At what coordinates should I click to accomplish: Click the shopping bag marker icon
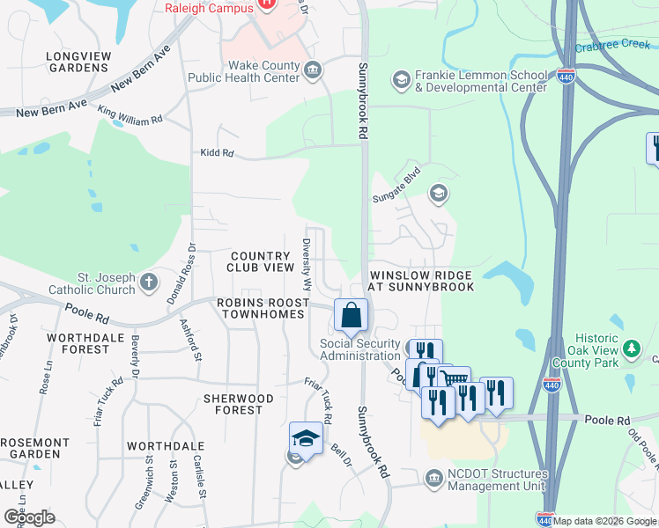click(351, 315)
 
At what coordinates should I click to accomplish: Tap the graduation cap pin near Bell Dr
click(306, 438)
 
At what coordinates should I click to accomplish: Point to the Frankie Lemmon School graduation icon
click(401, 80)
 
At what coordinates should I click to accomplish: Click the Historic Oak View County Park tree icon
click(632, 349)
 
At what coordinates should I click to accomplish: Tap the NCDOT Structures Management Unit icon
click(433, 479)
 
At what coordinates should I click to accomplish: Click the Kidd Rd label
click(216, 153)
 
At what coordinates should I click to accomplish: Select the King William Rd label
click(130, 114)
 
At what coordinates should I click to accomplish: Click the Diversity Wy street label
click(307, 265)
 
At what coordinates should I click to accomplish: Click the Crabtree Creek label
click(611, 47)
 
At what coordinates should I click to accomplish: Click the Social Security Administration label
click(359, 349)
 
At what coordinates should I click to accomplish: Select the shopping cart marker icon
click(454, 380)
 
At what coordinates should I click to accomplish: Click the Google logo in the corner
click(29, 517)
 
